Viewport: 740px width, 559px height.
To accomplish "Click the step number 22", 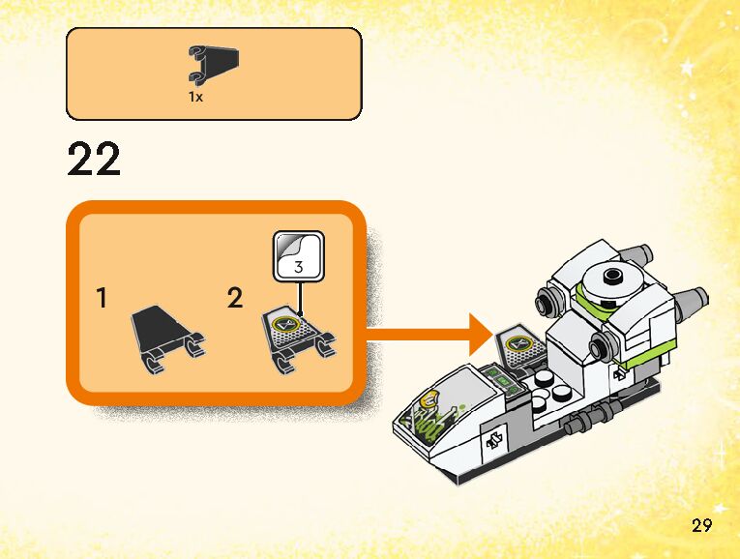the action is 94,161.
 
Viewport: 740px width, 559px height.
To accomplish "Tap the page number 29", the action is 702,526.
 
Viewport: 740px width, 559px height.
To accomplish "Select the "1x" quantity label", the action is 196,97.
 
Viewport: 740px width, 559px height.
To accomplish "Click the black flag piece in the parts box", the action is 214,64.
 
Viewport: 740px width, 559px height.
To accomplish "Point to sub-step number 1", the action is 103,299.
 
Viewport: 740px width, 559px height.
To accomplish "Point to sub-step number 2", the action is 235,299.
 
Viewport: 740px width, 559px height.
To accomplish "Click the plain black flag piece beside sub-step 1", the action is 165,334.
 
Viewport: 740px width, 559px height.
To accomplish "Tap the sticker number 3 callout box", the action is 297,256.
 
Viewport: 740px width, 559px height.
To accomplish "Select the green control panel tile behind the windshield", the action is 502,378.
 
